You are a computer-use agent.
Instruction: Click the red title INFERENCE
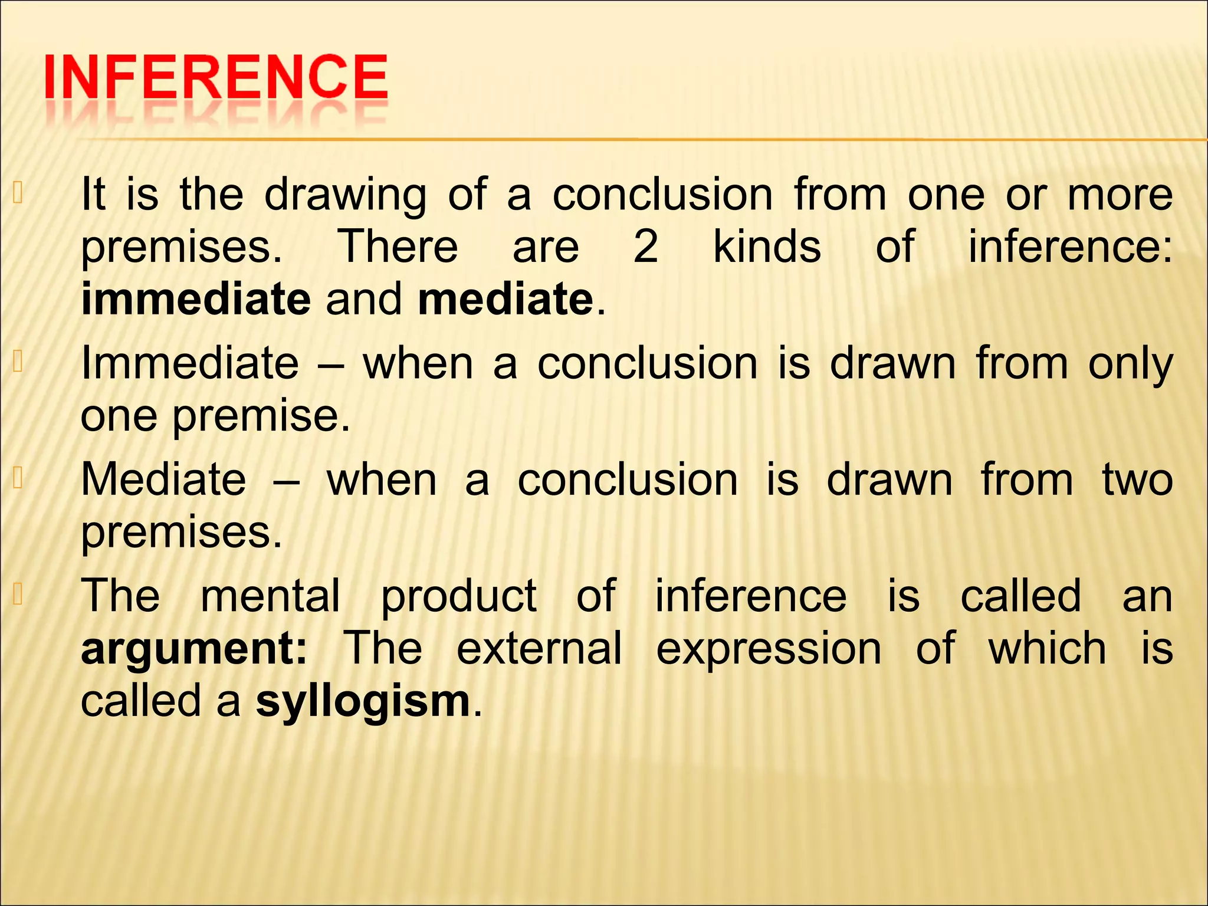(x=216, y=77)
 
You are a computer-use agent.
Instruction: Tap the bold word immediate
(x=196, y=299)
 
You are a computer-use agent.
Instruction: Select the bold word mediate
(x=505, y=299)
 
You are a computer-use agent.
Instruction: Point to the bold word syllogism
(x=363, y=702)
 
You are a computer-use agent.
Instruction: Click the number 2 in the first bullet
(x=645, y=247)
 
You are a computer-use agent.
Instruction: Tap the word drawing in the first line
(x=345, y=196)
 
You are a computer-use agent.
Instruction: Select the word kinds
(x=767, y=247)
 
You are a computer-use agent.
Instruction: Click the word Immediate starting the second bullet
(x=190, y=363)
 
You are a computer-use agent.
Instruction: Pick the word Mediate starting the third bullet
(x=163, y=479)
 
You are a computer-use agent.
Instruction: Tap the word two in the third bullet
(x=1137, y=480)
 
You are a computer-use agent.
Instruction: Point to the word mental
(x=271, y=596)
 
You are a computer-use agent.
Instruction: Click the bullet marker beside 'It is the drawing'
(x=18, y=193)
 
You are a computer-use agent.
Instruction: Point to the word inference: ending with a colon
(x=1071, y=247)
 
